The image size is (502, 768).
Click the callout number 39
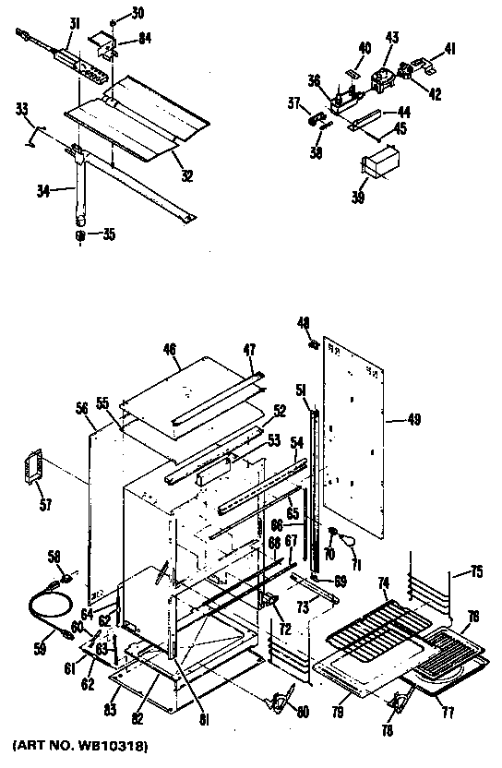pos(359,197)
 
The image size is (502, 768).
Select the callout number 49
pos(413,420)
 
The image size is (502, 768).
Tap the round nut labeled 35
pos(80,235)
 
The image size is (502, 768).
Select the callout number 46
pos(169,350)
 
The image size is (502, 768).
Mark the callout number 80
pos(303,712)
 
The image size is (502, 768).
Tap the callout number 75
pos(477,571)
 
